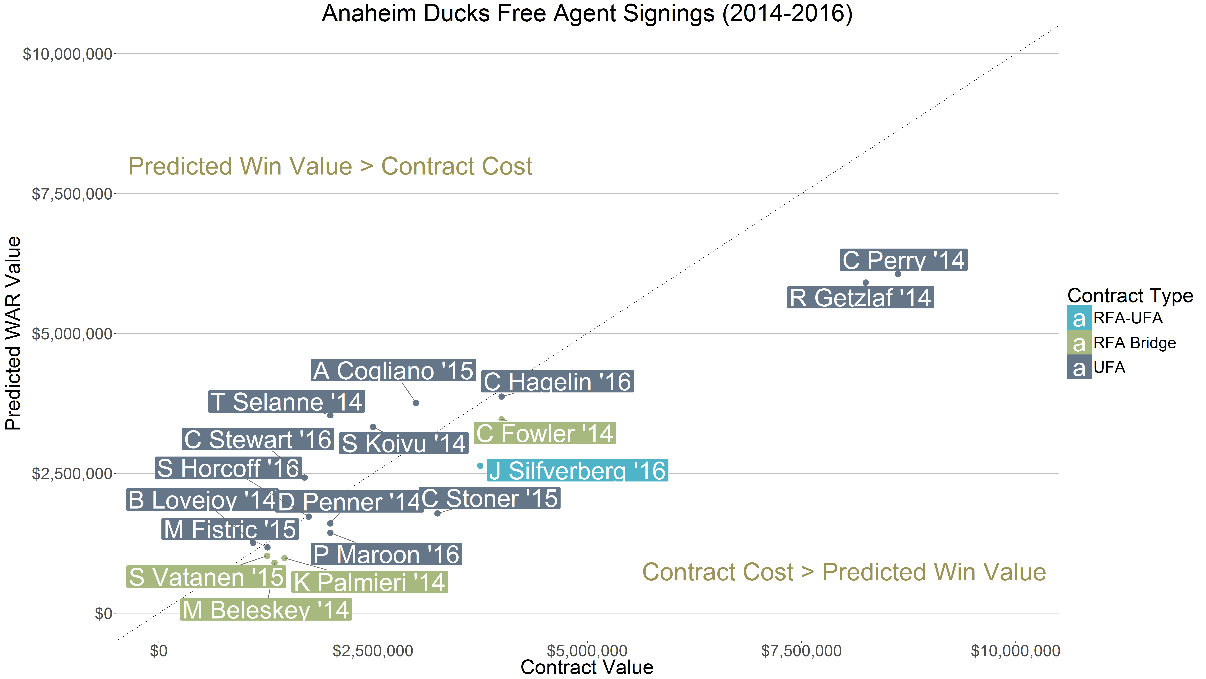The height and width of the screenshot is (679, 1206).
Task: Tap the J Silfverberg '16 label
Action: click(577, 471)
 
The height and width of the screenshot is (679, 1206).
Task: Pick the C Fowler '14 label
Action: click(544, 433)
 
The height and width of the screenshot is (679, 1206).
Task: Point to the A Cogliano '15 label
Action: click(393, 371)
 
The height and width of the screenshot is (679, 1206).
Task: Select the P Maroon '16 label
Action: click(386, 554)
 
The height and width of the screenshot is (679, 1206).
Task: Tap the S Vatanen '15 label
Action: click(206, 576)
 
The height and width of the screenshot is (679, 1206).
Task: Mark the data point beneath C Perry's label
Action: click(897, 274)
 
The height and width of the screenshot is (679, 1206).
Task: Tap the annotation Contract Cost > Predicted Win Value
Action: click(844, 572)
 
